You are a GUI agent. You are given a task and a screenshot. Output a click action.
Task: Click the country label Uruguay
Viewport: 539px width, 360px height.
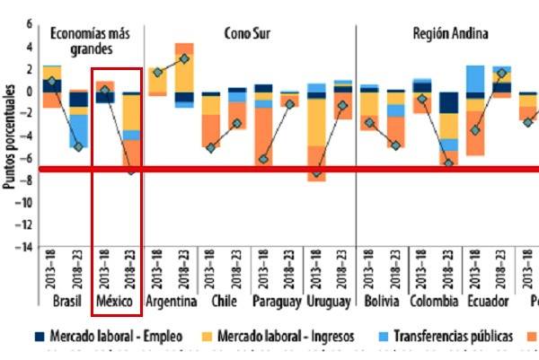tap(329, 302)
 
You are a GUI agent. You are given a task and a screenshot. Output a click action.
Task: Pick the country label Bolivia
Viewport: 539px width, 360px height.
tap(383, 302)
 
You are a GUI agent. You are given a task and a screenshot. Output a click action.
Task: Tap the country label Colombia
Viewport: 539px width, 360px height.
tap(434, 302)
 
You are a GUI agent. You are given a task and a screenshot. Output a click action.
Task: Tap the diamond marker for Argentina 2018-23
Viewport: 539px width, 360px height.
tap(184, 59)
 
